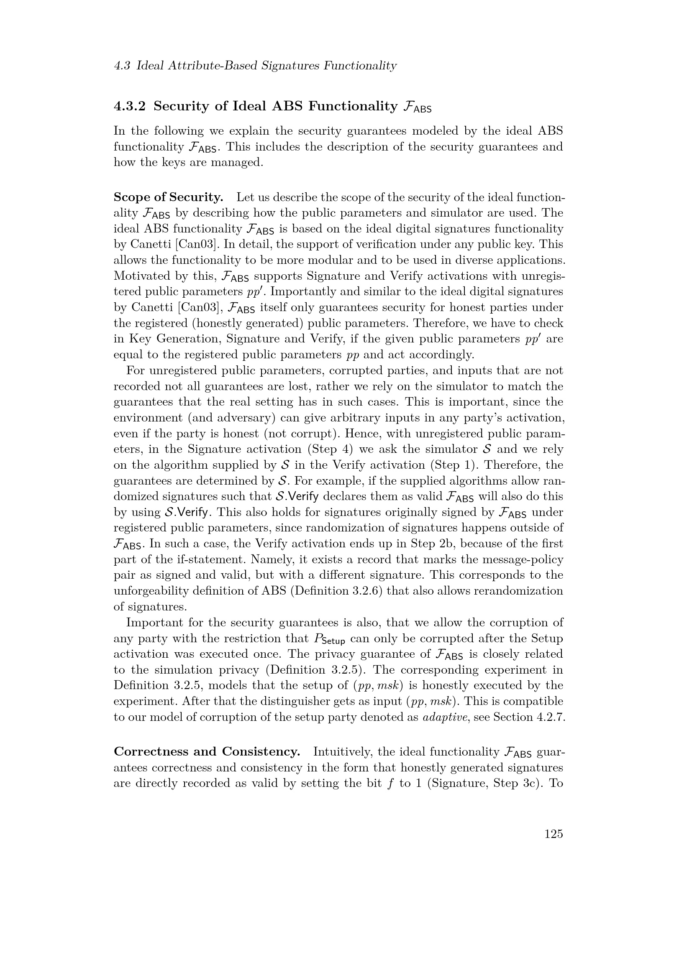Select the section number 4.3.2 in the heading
point(130,106)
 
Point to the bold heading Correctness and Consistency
point(207,752)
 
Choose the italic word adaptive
point(443,717)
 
